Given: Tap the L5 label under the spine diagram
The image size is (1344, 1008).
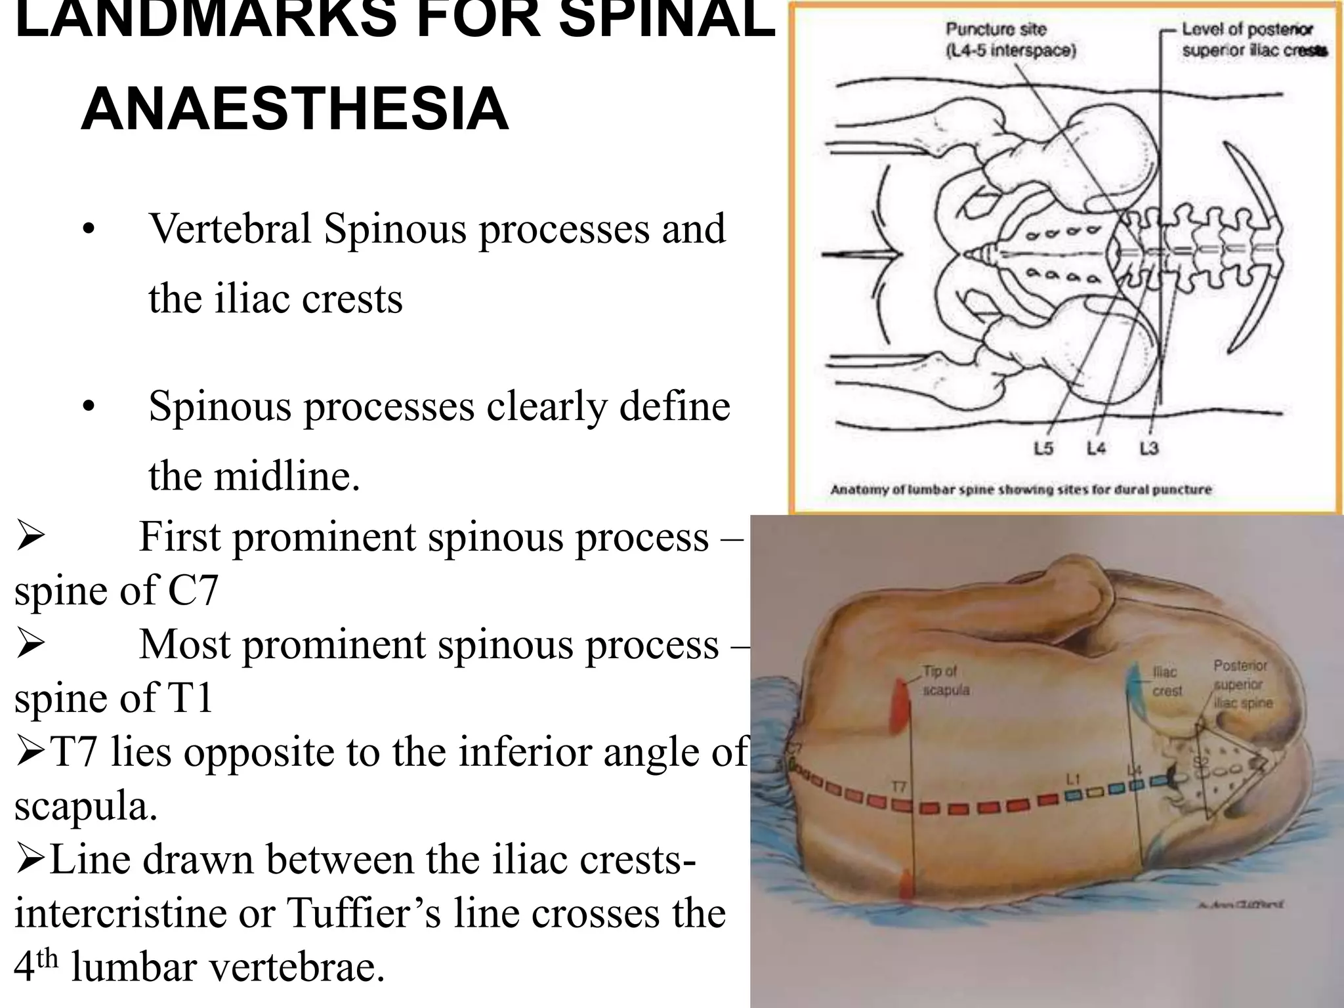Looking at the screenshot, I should tap(1043, 449).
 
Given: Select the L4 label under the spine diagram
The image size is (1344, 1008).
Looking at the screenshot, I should tap(1095, 449).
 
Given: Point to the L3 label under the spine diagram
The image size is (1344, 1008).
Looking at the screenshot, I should tap(1148, 449).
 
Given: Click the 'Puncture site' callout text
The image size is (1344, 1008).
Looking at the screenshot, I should tap(1010, 40).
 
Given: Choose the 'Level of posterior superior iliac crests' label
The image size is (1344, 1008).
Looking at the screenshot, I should tap(1254, 40).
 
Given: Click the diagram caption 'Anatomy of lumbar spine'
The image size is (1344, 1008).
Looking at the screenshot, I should tap(1020, 490).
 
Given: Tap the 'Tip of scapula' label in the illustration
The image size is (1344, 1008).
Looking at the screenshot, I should tap(946, 681).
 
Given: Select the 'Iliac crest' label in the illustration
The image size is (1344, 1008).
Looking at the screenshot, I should tap(1166, 681).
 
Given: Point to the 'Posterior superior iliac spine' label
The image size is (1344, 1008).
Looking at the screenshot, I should tap(1242, 684).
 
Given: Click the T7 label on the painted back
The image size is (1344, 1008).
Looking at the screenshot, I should tap(899, 786).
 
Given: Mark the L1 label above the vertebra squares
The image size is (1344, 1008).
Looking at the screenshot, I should tap(1073, 779).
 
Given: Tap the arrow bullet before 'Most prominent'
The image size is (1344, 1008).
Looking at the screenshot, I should tap(30, 644).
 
